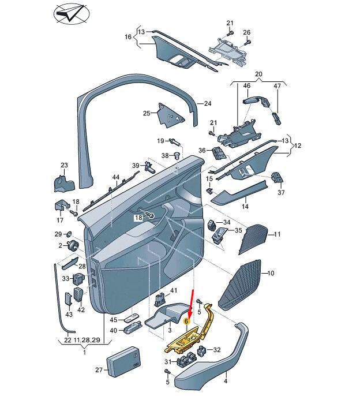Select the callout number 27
pyautogui.click(x=99, y=370)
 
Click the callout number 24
pyautogui.click(x=208, y=104)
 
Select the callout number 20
pyautogui.click(x=258, y=74)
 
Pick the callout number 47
pyautogui.click(x=277, y=86)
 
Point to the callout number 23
pyautogui.click(x=64, y=166)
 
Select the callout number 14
pyautogui.click(x=245, y=207)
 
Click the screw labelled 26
pyautogui.click(x=247, y=42)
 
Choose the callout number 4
pyautogui.click(x=226, y=382)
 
